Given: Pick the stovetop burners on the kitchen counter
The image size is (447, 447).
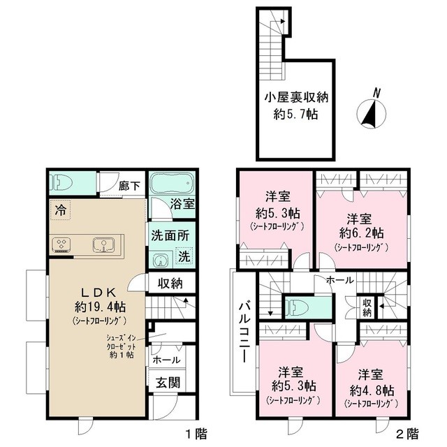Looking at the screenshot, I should pyautogui.click(x=62, y=244).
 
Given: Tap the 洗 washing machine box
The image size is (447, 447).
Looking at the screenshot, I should pyautogui.click(x=184, y=257).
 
